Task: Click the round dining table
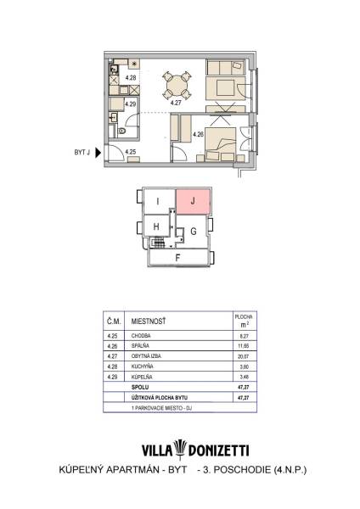(177, 86)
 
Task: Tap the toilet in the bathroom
(122, 131)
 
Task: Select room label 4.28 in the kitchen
(131, 77)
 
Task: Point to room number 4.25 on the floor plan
(131, 152)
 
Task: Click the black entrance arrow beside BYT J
(98, 152)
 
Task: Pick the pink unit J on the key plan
(193, 202)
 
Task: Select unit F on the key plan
(177, 258)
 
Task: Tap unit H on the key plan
(156, 227)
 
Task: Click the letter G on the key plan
(194, 232)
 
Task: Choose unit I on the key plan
(158, 201)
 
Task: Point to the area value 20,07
(244, 356)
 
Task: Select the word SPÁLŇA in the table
(140, 346)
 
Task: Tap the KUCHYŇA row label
(142, 366)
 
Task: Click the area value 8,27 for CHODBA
(244, 336)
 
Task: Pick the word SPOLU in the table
(140, 388)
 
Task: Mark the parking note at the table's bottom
(161, 408)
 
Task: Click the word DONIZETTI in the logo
(219, 451)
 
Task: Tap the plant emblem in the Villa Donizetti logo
(180, 450)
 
